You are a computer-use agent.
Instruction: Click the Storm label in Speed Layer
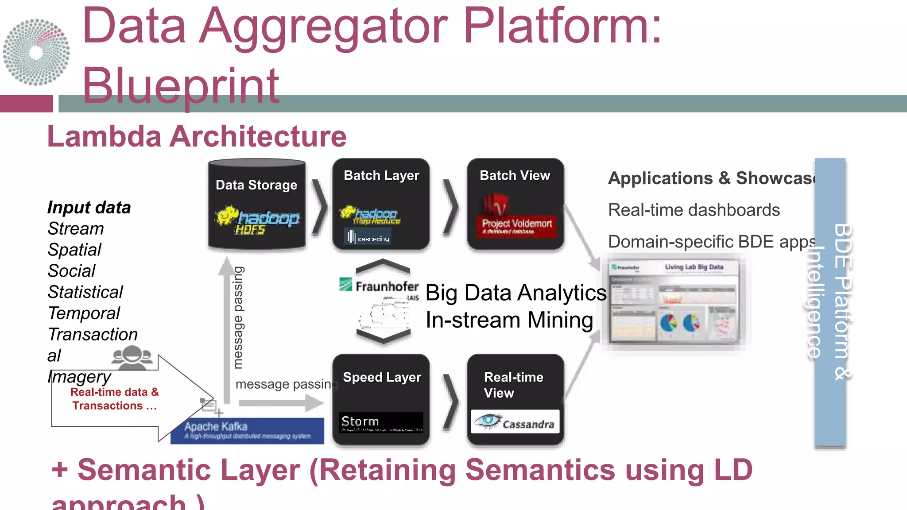click(360, 421)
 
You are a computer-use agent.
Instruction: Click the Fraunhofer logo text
click(386, 287)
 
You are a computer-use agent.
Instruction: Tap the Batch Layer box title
click(381, 176)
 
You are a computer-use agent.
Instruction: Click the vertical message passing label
click(238, 317)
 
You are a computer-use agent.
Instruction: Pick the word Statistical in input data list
click(85, 292)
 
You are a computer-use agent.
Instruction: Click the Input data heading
click(89, 208)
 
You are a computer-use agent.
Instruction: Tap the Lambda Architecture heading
click(197, 136)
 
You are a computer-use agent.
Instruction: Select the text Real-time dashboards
click(694, 210)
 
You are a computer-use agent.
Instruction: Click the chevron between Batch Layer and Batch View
click(451, 206)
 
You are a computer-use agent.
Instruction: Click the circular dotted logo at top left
click(36, 52)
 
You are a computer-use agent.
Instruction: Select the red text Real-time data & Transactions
click(114, 399)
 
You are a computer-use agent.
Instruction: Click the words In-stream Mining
click(509, 320)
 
